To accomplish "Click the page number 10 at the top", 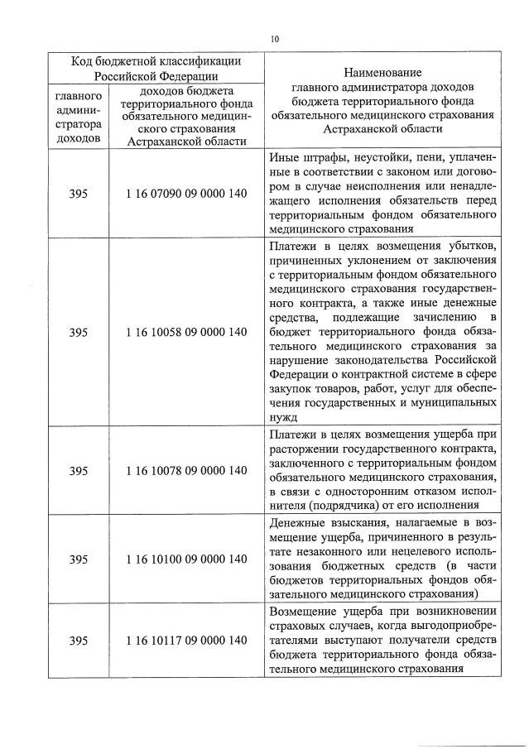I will coord(275,38).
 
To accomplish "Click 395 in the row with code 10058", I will coord(79,332).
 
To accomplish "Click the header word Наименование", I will coord(383,73).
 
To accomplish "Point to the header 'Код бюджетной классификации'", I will coord(156,60).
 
